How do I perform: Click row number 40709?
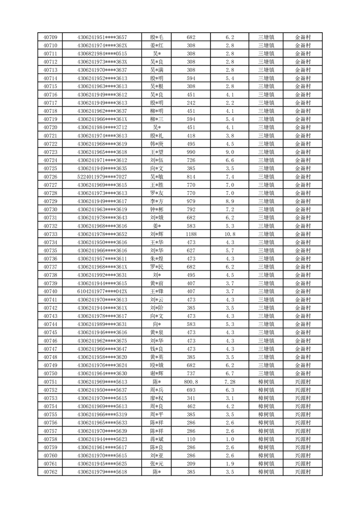(x=50, y=37)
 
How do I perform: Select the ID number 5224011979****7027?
(x=102, y=176)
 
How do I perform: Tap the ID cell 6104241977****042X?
(x=102, y=291)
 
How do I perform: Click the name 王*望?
(x=157, y=152)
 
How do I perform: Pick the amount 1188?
(x=191, y=234)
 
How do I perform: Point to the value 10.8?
(x=230, y=234)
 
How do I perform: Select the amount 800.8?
(x=191, y=382)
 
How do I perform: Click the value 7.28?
(x=230, y=382)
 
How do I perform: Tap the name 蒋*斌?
(x=157, y=439)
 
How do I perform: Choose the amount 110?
(x=191, y=439)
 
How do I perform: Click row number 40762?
(x=50, y=472)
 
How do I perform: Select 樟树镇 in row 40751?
(x=266, y=382)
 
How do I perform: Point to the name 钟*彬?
(x=157, y=209)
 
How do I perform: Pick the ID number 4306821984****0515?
(x=102, y=54)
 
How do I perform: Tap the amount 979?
(x=191, y=201)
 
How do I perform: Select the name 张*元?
(x=157, y=464)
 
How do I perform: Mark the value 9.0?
(x=230, y=152)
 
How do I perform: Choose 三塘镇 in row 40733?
(x=266, y=234)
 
